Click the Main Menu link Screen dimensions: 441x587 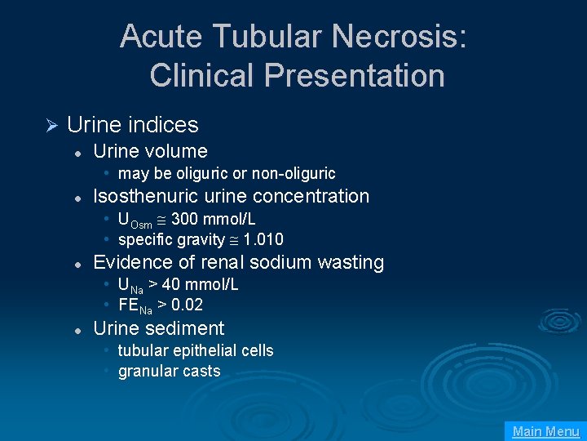[545, 431]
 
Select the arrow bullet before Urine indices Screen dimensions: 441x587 [50, 125]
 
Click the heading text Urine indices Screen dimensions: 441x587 [132, 125]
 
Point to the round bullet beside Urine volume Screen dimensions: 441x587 [76, 153]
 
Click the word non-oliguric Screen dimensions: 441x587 [295, 173]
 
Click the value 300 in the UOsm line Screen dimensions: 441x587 [184, 219]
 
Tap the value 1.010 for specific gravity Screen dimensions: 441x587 [263, 239]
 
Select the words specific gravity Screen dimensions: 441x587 [171, 239]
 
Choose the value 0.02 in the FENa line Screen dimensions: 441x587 [187, 305]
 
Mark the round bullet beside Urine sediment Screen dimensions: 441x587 [76, 330]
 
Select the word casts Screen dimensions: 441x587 [202, 371]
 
